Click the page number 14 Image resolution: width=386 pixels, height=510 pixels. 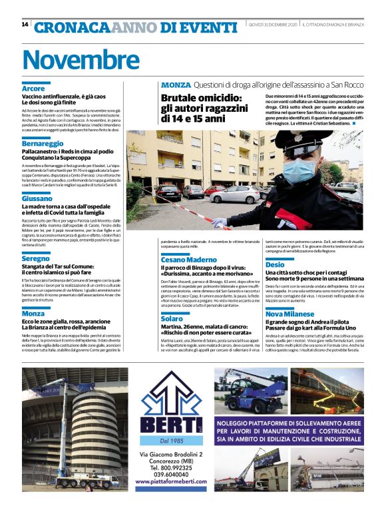point(25,25)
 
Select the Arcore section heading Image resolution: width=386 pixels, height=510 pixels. point(33,89)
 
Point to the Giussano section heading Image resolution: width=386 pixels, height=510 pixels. point(37,198)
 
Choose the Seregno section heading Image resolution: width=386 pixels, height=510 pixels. point(36,258)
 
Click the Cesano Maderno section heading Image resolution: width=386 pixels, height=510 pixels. point(188,259)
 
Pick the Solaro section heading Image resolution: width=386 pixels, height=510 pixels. point(171,319)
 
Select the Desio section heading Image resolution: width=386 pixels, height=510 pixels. point(275,264)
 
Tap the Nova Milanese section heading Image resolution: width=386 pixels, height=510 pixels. point(290,313)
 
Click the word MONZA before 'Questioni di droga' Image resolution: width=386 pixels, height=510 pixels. point(176,85)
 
